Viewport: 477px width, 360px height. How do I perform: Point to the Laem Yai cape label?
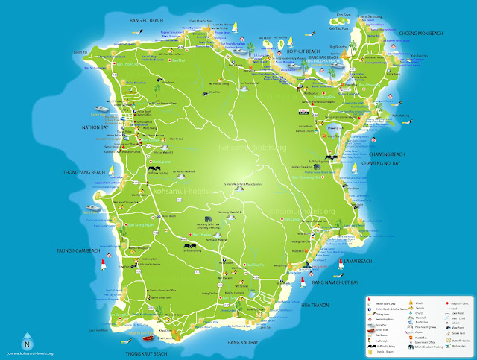(81, 52)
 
